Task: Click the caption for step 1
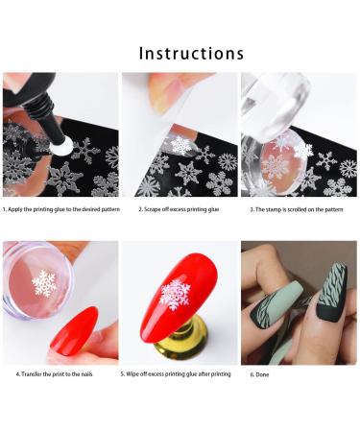60,207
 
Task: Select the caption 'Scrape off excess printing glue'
180,207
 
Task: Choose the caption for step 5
177,373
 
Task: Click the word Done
264,373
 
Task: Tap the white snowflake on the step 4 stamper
44,282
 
